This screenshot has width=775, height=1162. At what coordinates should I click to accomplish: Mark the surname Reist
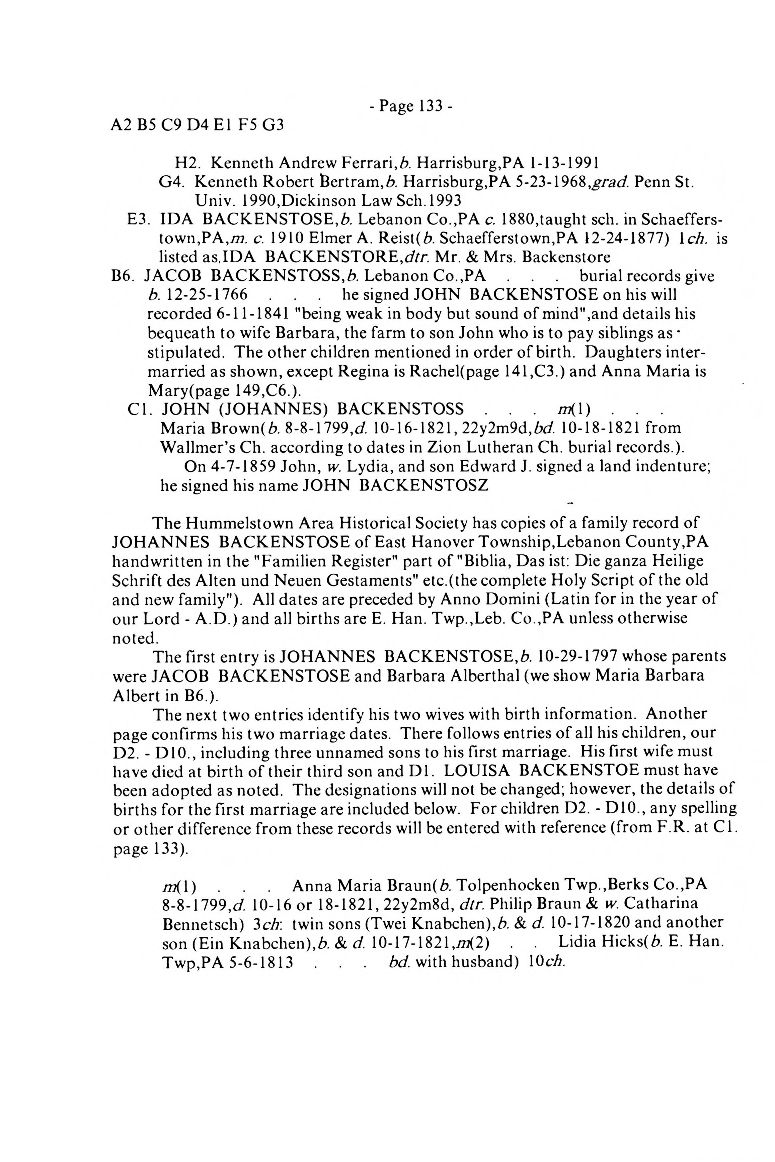coord(395,239)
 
